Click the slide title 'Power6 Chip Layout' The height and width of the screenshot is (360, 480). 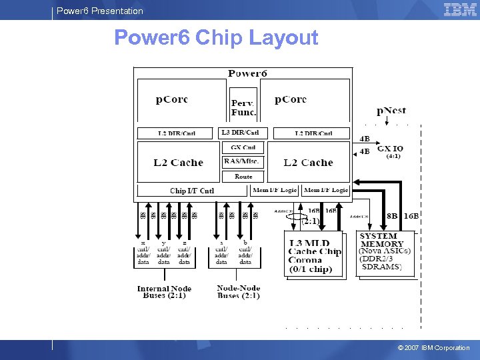pos(216,37)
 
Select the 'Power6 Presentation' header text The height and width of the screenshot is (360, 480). pos(100,11)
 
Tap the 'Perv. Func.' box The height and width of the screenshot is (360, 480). pos(243,107)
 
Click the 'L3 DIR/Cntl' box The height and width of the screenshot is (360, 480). pos(243,133)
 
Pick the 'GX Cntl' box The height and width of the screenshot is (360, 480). pos(243,147)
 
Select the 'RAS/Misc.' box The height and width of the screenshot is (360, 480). pos(243,161)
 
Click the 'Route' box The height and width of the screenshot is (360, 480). pos(243,176)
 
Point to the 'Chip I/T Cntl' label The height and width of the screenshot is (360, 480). pos(192,191)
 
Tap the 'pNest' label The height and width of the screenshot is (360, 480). pos(392,111)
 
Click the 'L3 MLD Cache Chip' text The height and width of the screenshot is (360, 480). pos(314,248)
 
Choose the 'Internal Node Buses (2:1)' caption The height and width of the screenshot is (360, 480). pos(164,292)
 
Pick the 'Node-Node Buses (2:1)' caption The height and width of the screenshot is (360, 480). pos(238,292)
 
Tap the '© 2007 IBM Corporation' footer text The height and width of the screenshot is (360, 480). pos(433,348)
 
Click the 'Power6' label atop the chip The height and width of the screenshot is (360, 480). pos(247,73)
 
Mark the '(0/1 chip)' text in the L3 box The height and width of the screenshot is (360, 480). pos(311,269)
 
